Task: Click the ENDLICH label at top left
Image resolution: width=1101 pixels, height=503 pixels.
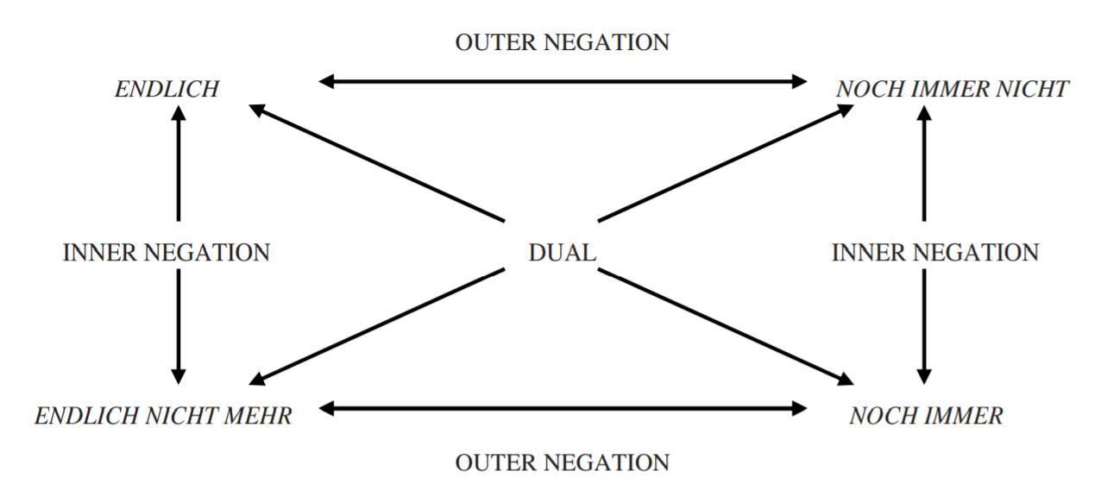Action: [167, 89]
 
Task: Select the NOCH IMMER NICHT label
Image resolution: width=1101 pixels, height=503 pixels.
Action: [953, 89]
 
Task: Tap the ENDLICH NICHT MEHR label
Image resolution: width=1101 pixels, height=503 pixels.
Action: [163, 416]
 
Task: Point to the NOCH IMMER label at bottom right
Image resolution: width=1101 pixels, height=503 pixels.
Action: [926, 416]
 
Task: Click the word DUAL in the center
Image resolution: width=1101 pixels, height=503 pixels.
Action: [562, 253]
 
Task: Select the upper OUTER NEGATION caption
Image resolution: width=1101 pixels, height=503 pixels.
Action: [562, 42]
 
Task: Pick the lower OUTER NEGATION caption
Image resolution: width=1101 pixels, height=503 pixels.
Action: [562, 462]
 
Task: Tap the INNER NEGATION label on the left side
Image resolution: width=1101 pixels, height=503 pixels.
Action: [167, 253]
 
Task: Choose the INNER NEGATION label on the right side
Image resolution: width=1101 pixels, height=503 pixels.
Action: [934, 253]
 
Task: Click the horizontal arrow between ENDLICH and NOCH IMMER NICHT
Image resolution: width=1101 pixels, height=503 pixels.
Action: [563, 82]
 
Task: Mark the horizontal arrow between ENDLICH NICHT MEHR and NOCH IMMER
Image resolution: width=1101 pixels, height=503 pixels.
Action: [563, 408]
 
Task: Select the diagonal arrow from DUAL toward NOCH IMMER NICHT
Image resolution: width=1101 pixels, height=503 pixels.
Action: [725, 163]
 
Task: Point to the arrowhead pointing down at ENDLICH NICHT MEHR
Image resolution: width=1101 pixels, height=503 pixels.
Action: [179, 375]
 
